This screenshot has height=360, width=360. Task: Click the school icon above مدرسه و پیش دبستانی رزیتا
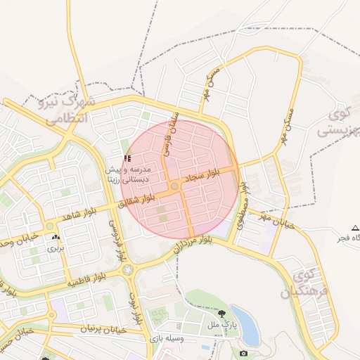click(127, 158)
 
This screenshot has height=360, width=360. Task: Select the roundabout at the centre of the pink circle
click(174, 186)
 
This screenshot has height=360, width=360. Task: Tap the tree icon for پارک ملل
click(222, 313)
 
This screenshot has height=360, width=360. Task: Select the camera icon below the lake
click(243, 352)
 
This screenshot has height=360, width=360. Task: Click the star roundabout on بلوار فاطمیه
click(128, 270)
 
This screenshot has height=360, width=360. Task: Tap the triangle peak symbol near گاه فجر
click(355, 228)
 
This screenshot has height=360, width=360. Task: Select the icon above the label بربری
click(54, 236)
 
